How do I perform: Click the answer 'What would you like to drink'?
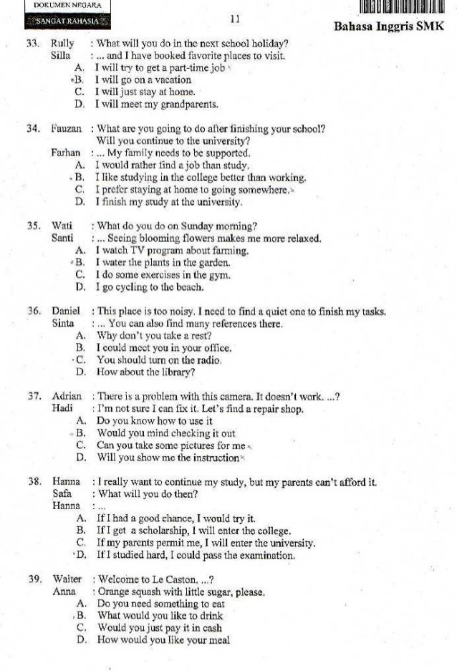pyautogui.click(x=155, y=615)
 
